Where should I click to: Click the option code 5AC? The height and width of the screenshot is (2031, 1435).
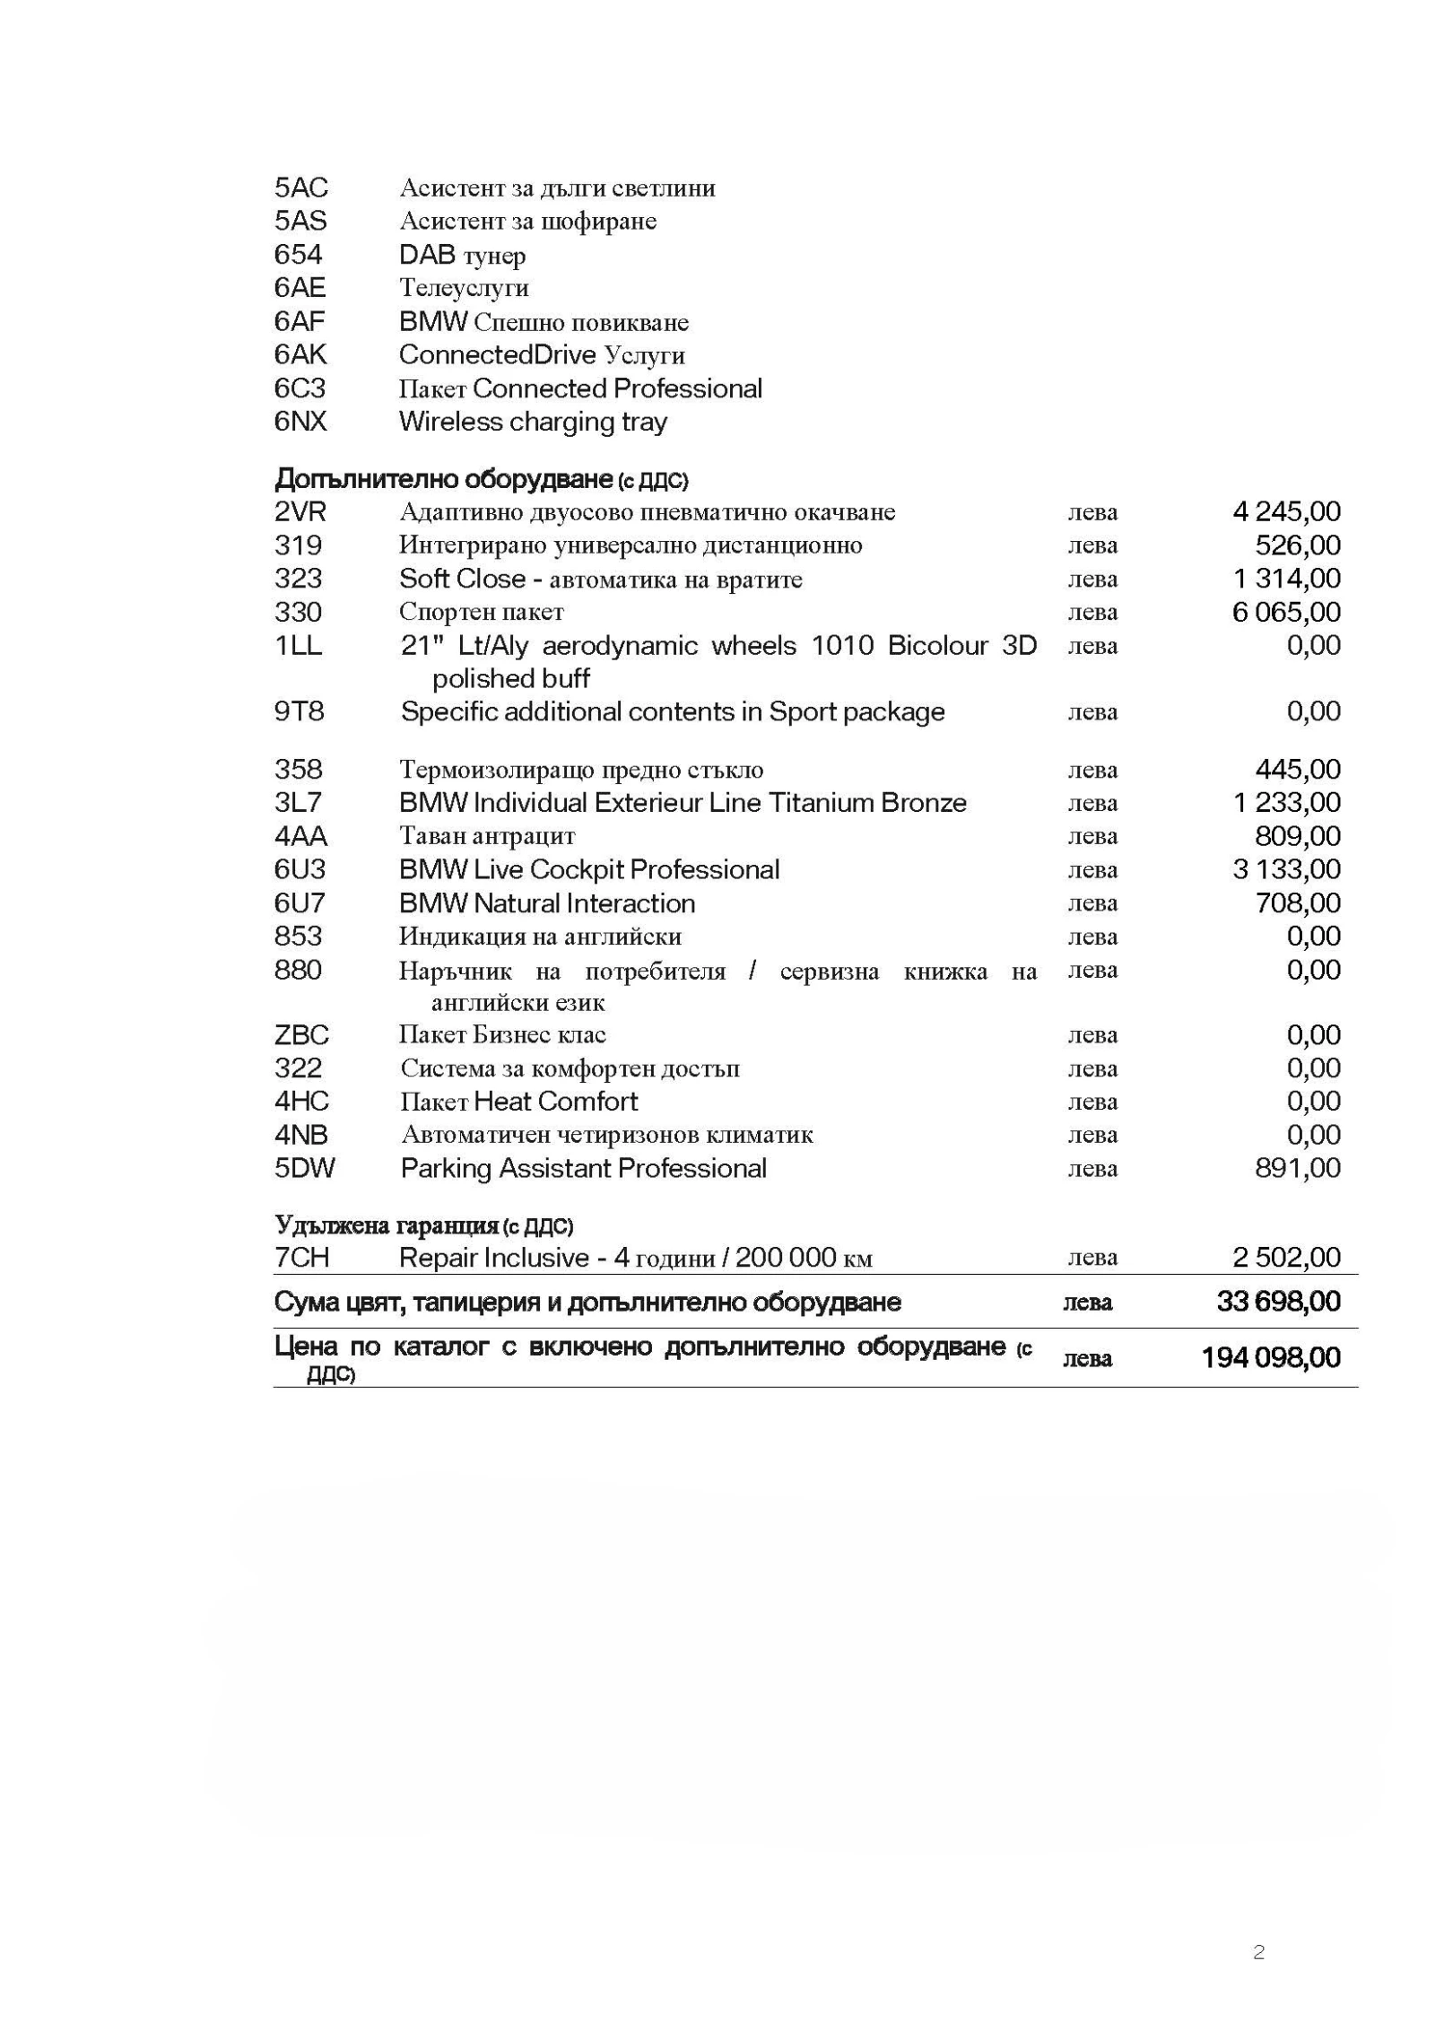click(300, 187)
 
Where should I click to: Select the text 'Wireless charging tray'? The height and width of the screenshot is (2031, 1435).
click(533, 422)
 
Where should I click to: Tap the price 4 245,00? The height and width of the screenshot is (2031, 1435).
click(1286, 512)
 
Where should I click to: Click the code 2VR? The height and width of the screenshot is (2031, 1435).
click(300, 512)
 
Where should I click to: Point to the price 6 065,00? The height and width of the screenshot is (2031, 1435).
click(1286, 613)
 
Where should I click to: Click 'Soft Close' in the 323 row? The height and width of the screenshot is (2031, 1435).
click(461, 579)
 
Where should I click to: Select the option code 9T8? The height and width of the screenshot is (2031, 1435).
click(298, 712)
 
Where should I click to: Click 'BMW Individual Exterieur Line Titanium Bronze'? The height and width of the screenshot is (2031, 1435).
click(683, 803)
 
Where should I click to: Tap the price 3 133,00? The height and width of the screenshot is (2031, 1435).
click(1286, 869)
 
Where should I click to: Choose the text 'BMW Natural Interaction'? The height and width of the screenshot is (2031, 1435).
click(547, 903)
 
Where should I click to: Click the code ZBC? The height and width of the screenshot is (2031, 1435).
click(301, 1035)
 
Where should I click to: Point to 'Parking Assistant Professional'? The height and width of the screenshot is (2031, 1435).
click(583, 1169)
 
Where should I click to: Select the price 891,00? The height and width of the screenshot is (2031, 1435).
click(1297, 1169)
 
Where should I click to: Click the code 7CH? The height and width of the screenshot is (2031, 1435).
click(301, 1258)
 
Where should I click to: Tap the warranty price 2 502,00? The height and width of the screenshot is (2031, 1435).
click(1286, 1258)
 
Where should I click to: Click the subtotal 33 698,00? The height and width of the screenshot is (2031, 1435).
click(1278, 1302)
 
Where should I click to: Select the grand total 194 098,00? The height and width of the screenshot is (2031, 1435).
click(1270, 1358)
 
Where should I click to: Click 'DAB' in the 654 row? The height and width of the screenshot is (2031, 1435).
click(427, 255)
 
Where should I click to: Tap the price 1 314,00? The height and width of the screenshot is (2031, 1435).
click(1286, 579)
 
